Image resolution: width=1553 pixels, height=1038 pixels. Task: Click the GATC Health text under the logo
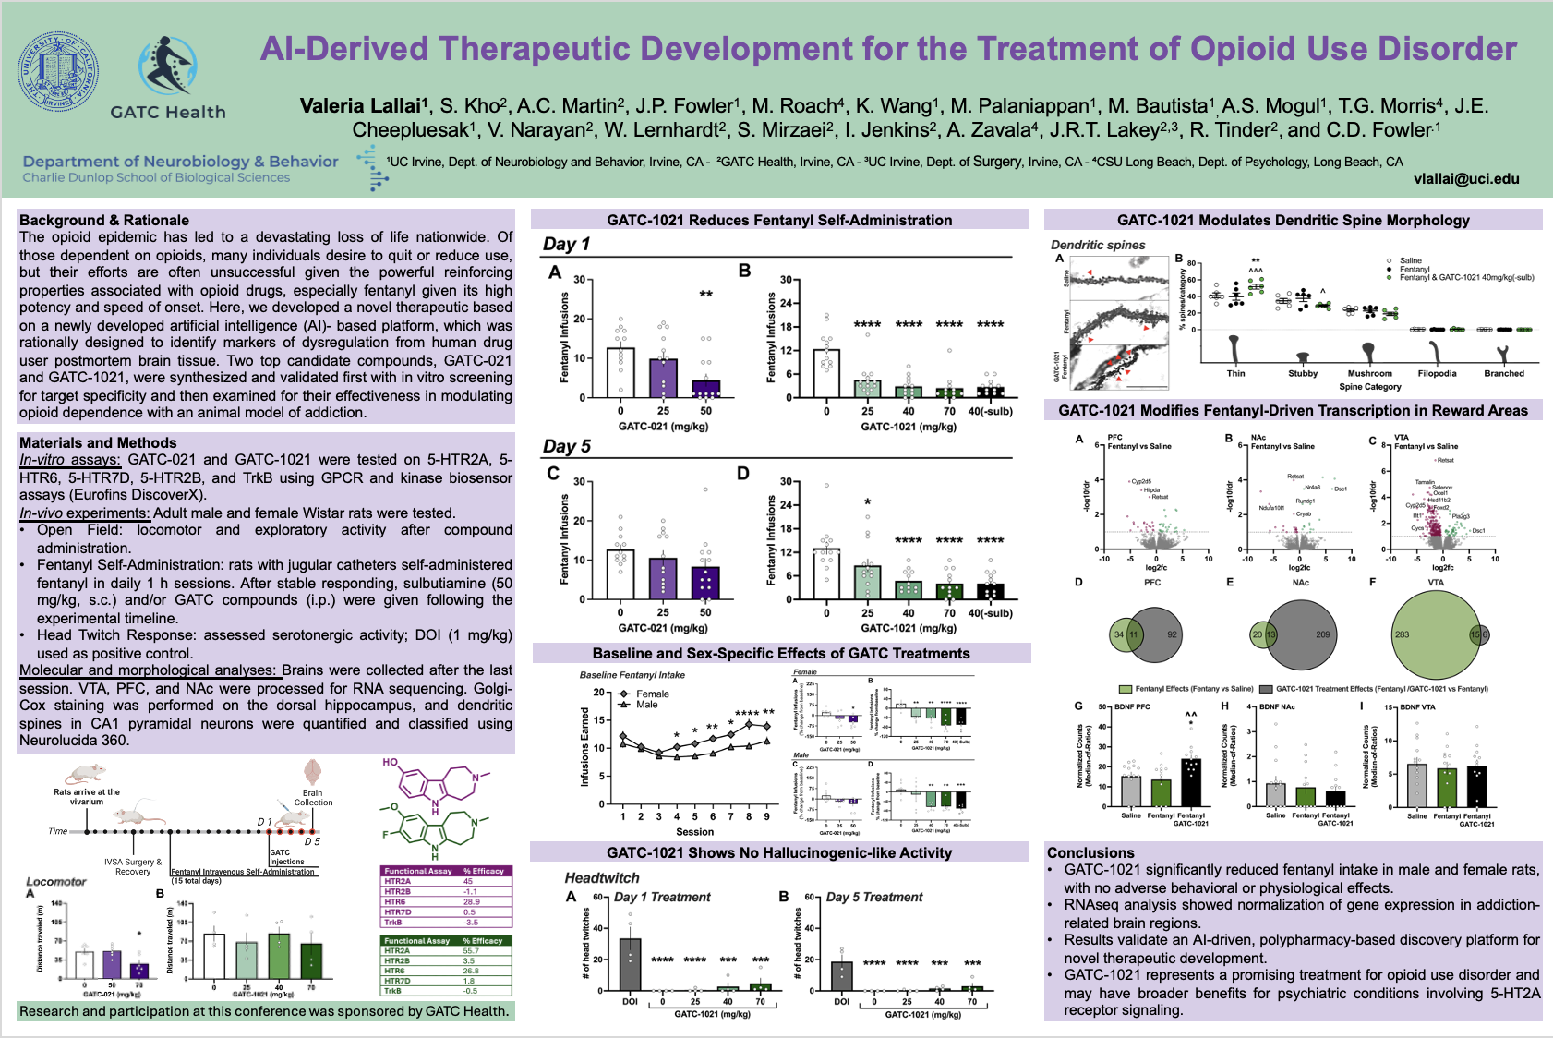[168, 112]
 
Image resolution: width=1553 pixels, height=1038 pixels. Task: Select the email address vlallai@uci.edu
[1466, 179]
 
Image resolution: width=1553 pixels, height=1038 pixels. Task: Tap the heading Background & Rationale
[104, 220]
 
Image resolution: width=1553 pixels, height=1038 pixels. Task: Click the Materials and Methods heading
[98, 442]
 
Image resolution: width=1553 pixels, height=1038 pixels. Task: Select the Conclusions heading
[1090, 852]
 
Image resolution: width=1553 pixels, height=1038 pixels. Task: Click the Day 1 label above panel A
[566, 244]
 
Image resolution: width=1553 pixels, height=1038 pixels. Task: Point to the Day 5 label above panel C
[566, 446]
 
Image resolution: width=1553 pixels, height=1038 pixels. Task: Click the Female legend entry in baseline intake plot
[652, 694]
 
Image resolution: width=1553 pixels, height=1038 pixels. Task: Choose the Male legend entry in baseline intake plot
[646, 705]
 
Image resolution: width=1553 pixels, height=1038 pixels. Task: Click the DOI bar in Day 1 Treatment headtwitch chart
[630, 965]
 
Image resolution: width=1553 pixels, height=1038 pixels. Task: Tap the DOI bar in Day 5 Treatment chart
[841, 976]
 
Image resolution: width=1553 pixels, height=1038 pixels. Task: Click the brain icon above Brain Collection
[312, 772]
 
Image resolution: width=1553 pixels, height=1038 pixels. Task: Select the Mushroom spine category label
[1369, 373]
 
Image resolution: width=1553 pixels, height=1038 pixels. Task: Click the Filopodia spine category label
[1437, 373]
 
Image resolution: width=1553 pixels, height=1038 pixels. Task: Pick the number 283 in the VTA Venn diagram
[1403, 634]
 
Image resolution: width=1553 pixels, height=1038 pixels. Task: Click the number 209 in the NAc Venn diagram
[1322, 634]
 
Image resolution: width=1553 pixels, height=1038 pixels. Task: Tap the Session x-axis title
[694, 832]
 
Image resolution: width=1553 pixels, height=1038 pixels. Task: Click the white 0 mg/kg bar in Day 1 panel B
[826, 373]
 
